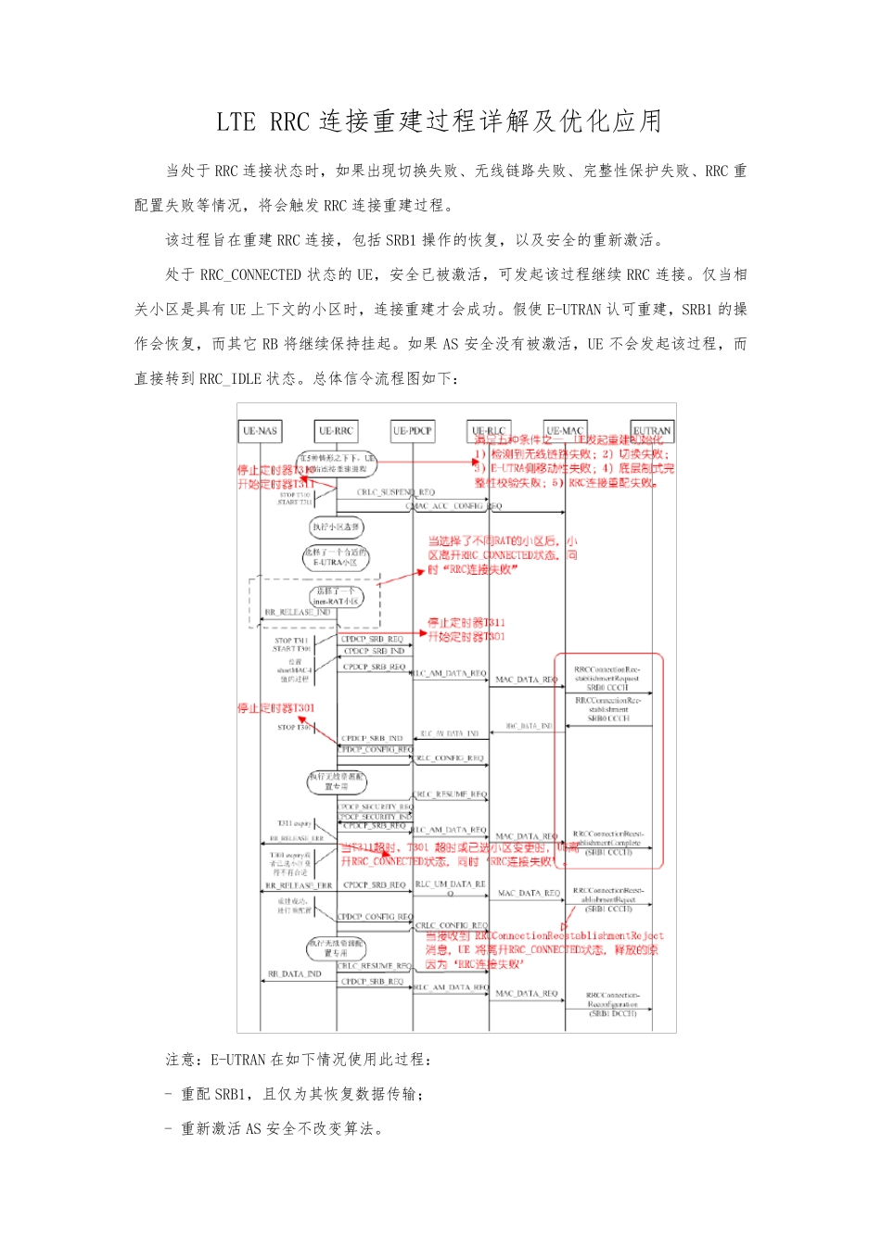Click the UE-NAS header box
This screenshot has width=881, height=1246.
[260, 431]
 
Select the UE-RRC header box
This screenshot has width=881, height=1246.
[336, 431]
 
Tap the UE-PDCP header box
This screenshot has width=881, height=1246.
[412, 431]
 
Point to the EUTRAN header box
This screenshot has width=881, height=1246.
[652, 431]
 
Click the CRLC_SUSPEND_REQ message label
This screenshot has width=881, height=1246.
[396, 492]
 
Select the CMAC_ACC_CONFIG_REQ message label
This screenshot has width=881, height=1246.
[453, 506]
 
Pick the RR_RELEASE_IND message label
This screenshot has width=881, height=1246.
[298, 613]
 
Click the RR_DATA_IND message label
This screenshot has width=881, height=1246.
[294, 974]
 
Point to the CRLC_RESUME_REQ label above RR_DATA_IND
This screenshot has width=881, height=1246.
[374, 966]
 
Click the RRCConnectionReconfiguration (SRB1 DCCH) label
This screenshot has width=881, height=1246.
[613, 1004]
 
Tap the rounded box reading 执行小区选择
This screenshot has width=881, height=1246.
[336, 528]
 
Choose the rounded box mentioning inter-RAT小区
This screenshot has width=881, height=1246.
[336, 596]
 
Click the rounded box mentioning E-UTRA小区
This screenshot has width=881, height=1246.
[336, 557]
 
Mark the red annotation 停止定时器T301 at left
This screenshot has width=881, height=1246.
[275, 708]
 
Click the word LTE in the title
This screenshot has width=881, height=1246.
[236, 121]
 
